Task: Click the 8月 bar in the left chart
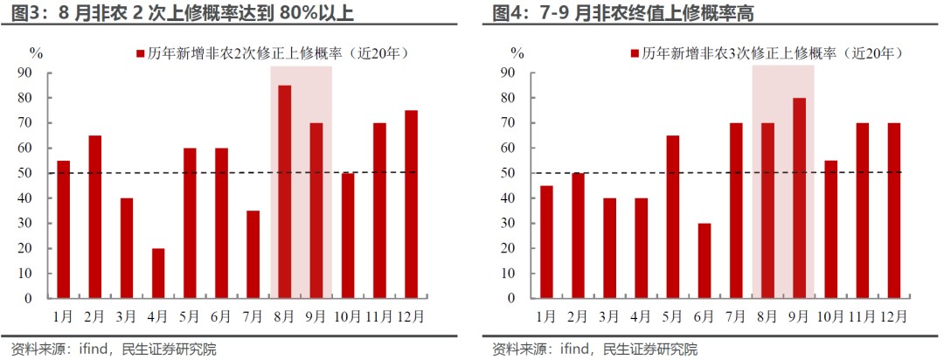pos(285,191)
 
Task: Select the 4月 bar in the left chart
pos(158,273)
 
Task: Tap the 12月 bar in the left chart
pos(411,204)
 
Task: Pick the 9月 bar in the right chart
pos(799,197)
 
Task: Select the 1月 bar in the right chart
pos(547,241)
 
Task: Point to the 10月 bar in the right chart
pos(830,229)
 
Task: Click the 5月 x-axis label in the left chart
pos(189,315)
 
